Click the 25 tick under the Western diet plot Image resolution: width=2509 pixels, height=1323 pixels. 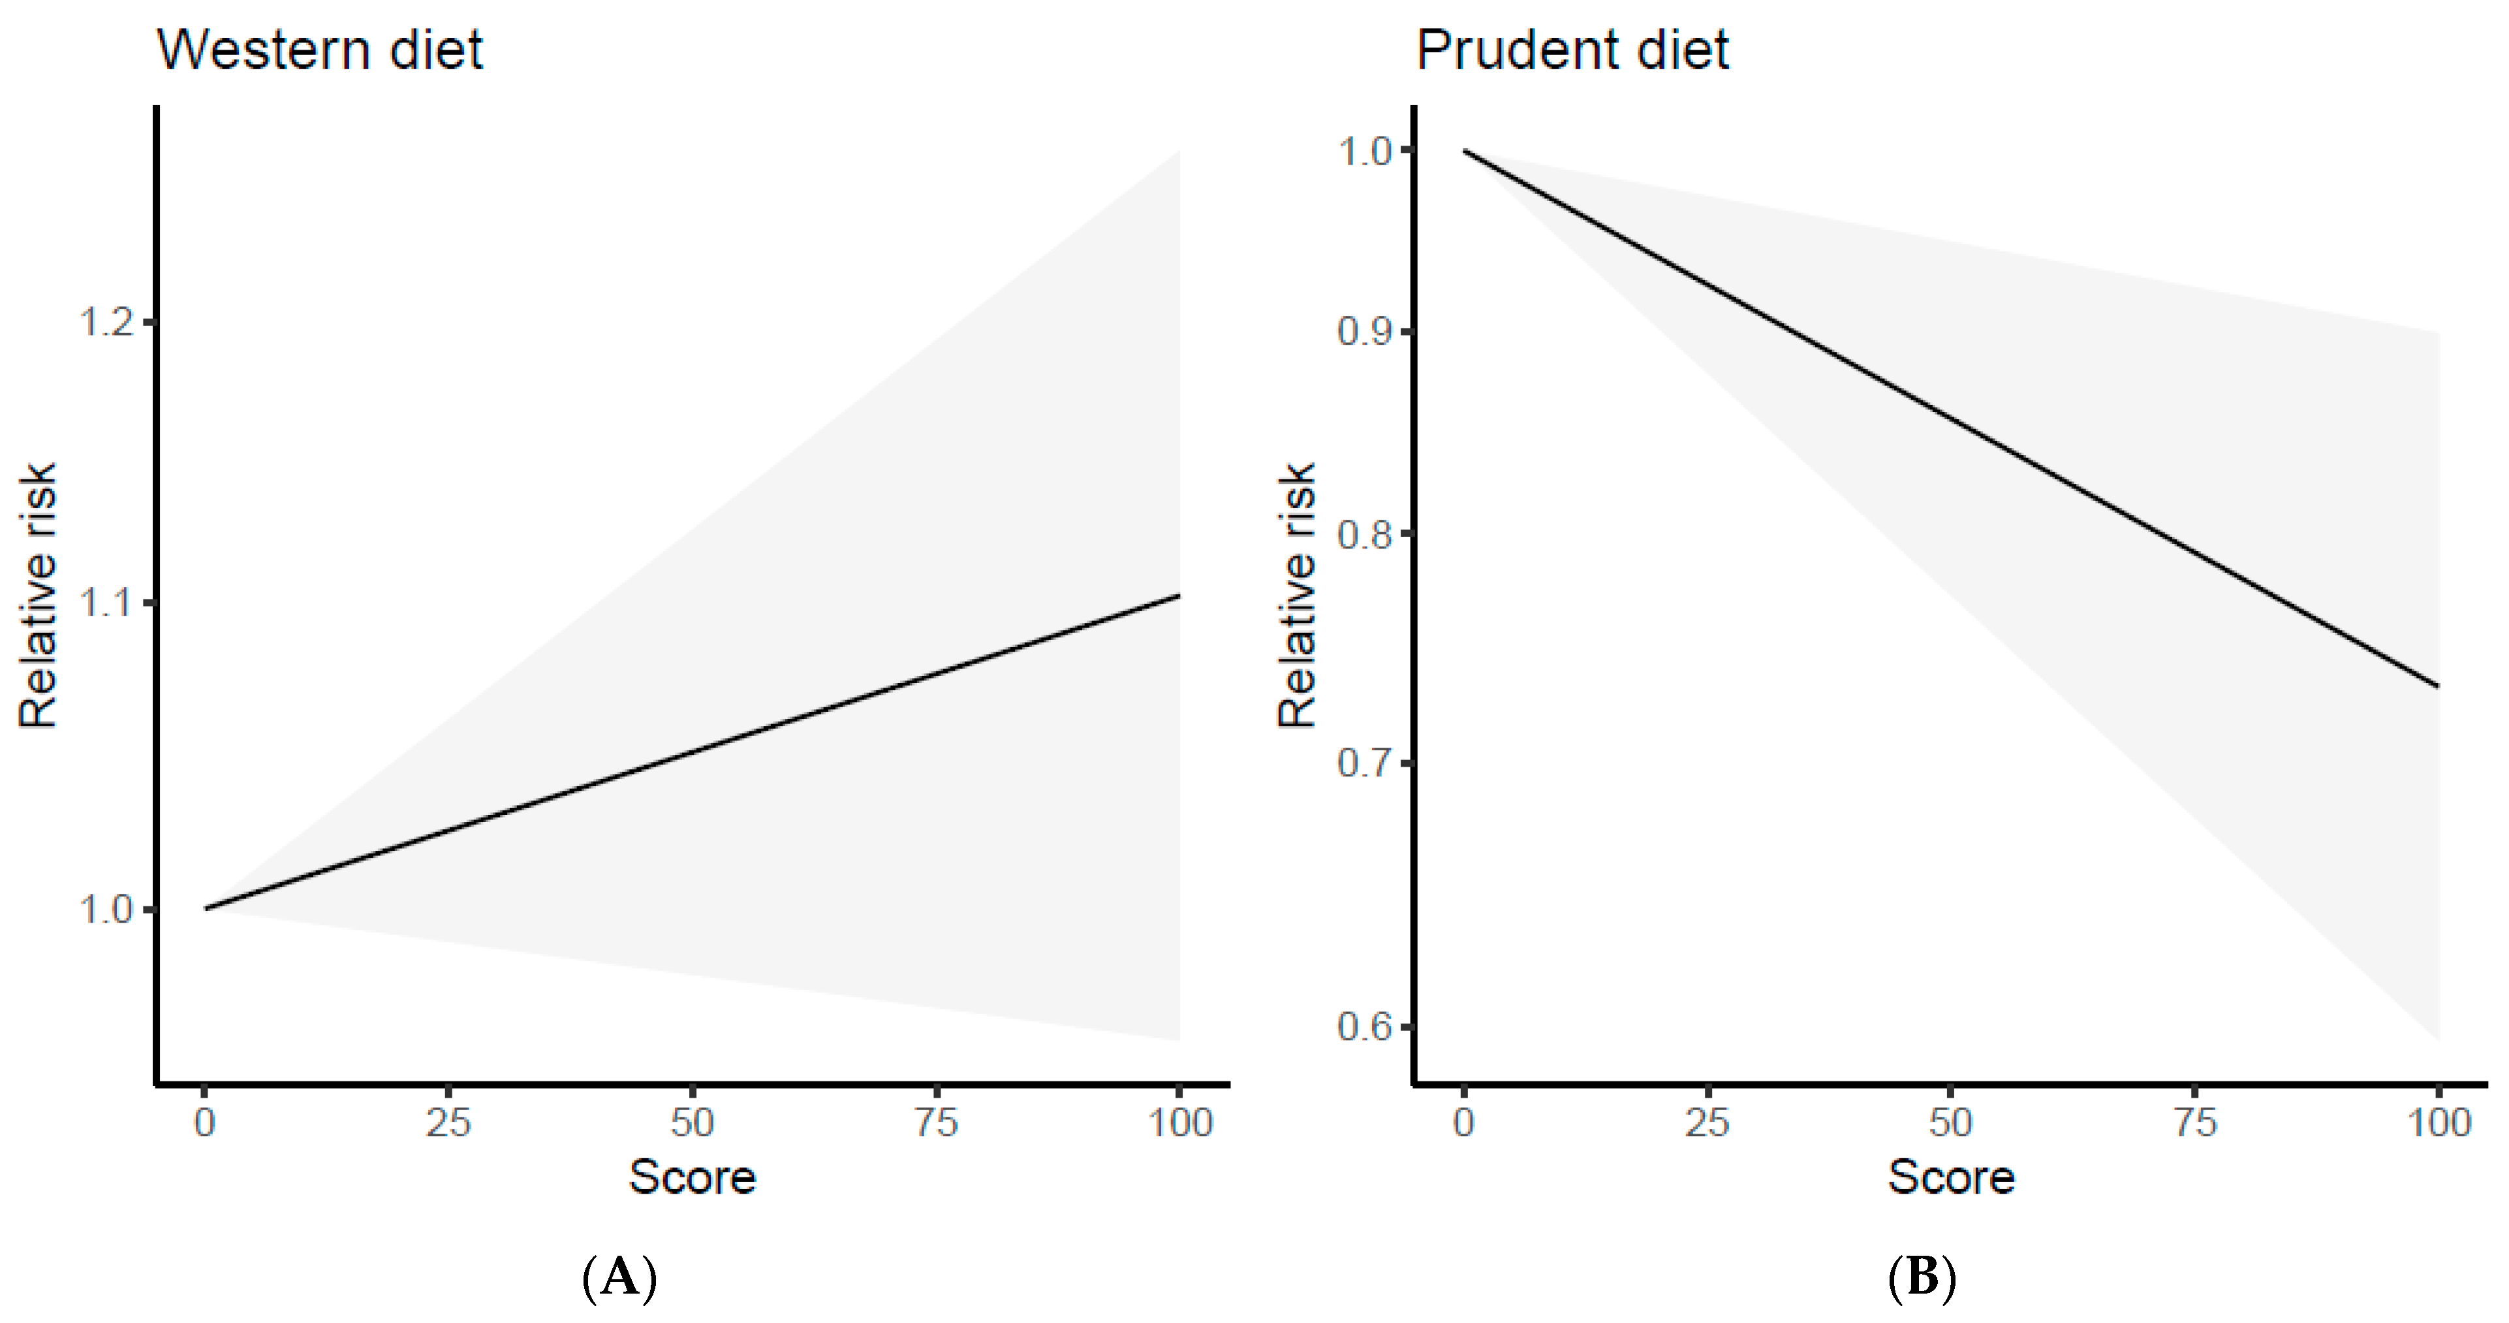point(448,1123)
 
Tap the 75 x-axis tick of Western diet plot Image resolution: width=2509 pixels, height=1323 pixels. point(936,1123)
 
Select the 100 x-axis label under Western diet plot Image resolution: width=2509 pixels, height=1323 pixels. point(1179,1123)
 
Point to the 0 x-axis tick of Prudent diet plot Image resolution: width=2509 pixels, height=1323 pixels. point(1463,1123)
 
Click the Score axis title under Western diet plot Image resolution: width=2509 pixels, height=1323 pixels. point(691,1177)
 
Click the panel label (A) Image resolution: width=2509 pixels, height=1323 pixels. point(619,1276)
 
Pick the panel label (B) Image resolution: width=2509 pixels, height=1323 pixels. point(1921,1276)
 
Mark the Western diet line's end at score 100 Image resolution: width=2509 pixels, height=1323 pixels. point(1179,596)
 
